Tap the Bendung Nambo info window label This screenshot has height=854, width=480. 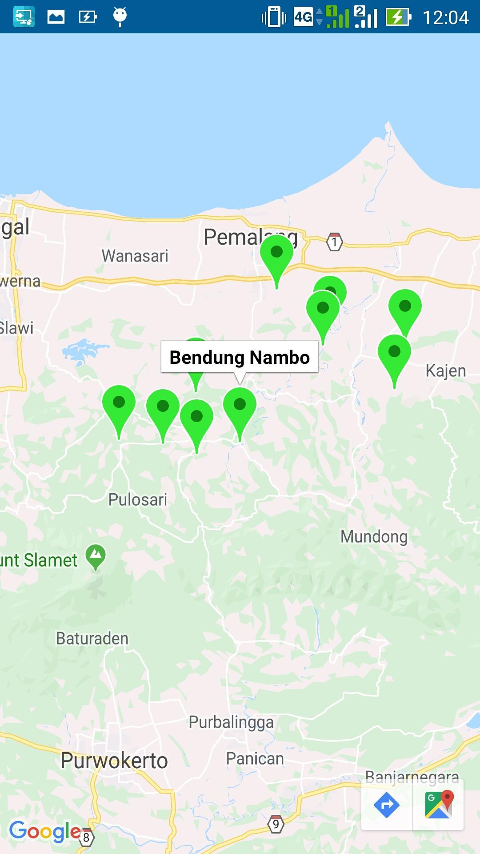[240, 357]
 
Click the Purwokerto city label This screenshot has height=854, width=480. [114, 761]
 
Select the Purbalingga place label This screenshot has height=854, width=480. [231, 722]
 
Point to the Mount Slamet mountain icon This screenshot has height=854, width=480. [96, 556]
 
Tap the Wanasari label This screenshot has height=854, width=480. [135, 256]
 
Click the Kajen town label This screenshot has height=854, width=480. [446, 371]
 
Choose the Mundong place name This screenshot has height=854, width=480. [374, 536]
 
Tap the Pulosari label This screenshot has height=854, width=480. [138, 500]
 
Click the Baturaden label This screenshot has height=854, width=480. [92, 639]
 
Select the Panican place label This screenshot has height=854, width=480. [255, 758]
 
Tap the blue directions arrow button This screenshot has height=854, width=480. [387, 805]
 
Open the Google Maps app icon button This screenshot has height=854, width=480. [439, 805]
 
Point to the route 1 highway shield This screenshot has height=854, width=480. [334, 242]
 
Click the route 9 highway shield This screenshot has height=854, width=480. [276, 824]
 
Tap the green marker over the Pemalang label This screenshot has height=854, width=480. [276, 254]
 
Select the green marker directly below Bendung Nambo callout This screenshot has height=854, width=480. [240, 406]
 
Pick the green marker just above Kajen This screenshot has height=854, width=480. [394, 353]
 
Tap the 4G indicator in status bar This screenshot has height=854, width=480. [304, 17]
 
